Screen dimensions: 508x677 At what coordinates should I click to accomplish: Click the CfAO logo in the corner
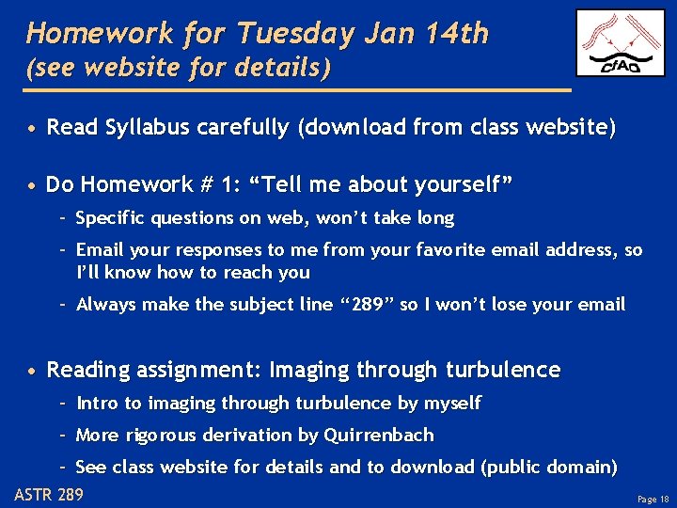click(620, 42)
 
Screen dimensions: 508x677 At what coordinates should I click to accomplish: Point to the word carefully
click(244, 128)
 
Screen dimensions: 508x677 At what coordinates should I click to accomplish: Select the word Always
click(104, 304)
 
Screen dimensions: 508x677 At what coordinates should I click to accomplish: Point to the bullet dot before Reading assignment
click(33, 371)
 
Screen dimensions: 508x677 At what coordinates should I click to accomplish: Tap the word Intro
click(98, 403)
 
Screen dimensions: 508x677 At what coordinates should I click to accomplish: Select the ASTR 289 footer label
click(49, 495)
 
